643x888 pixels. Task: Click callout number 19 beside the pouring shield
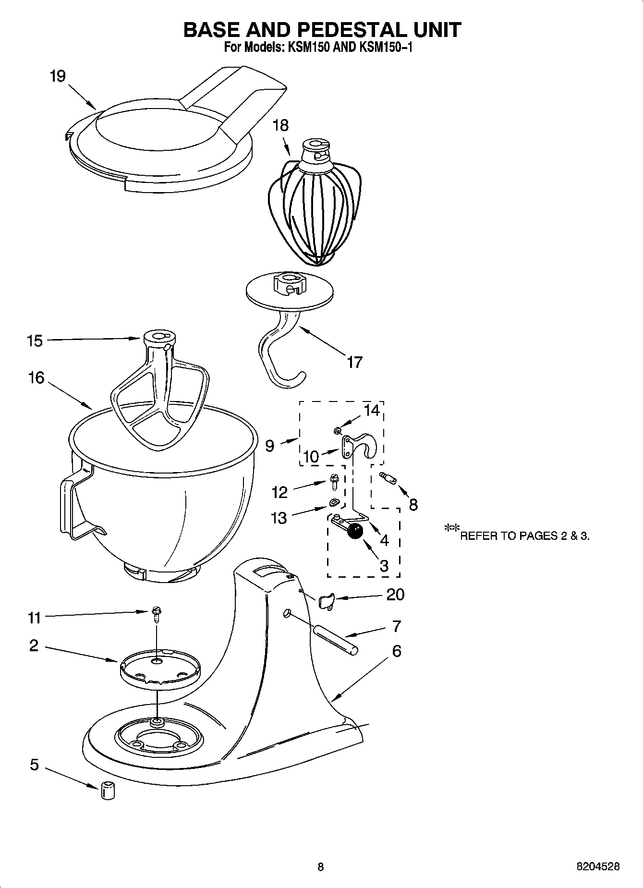point(58,76)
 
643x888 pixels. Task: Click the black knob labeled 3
point(355,532)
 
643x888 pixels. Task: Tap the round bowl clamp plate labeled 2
point(159,669)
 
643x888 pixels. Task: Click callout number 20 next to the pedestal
point(395,595)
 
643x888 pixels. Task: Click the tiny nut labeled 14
point(338,429)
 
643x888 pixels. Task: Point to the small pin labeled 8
point(388,479)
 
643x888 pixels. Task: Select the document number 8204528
point(597,866)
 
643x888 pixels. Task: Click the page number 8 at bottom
point(321,866)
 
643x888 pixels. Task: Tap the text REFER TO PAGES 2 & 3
point(524,536)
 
